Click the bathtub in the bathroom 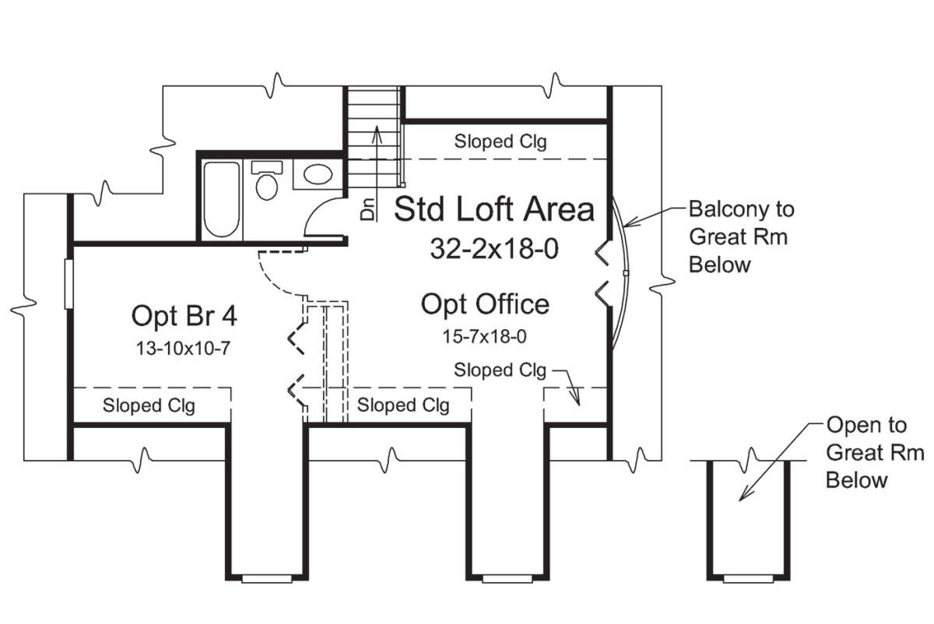(x=221, y=200)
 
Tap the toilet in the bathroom (x=267, y=181)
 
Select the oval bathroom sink (x=318, y=174)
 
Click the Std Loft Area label (x=494, y=209)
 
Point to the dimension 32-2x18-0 (x=494, y=249)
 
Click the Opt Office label (x=485, y=305)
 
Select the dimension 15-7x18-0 (x=484, y=336)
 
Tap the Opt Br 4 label (x=184, y=316)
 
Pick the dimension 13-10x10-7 (x=184, y=348)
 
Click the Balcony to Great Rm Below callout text (x=741, y=237)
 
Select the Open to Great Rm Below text (x=875, y=452)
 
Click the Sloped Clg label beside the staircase (x=500, y=142)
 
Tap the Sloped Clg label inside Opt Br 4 (x=149, y=405)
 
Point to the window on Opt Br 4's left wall (x=68, y=284)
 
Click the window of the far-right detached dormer (x=749, y=579)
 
